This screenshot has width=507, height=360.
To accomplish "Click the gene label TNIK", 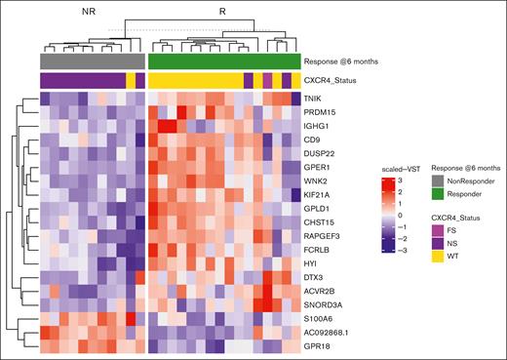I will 314,100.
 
